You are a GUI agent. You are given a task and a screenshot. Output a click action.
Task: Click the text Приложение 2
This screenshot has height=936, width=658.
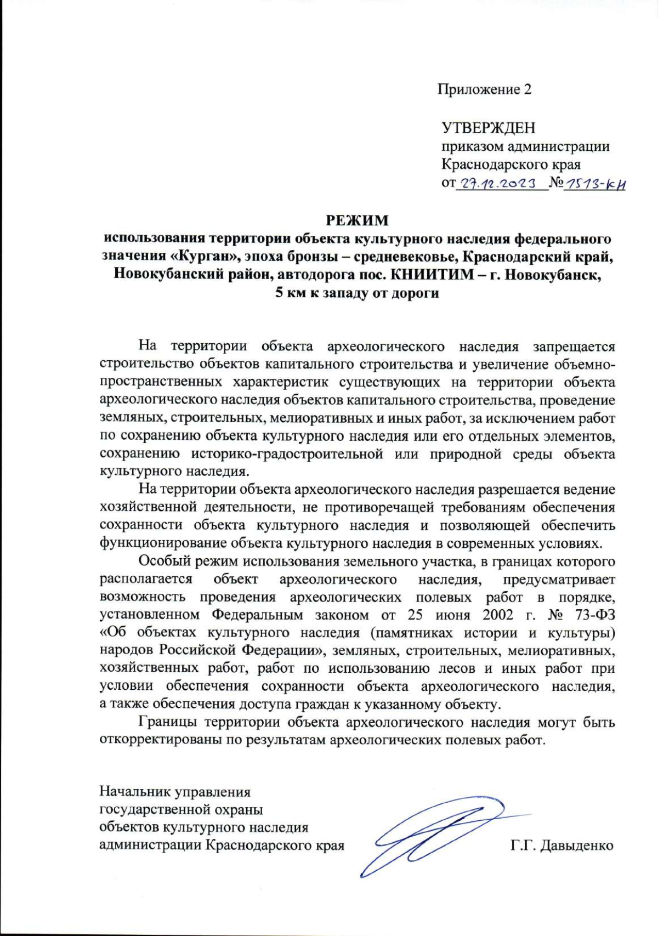coord(484,89)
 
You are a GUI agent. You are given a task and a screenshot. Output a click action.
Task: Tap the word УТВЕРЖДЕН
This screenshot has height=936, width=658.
coord(489,128)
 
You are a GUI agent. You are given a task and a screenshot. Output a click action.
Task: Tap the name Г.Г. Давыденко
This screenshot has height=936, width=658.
coord(561,846)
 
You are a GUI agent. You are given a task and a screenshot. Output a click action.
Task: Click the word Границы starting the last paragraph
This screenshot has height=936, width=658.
coord(168,723)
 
